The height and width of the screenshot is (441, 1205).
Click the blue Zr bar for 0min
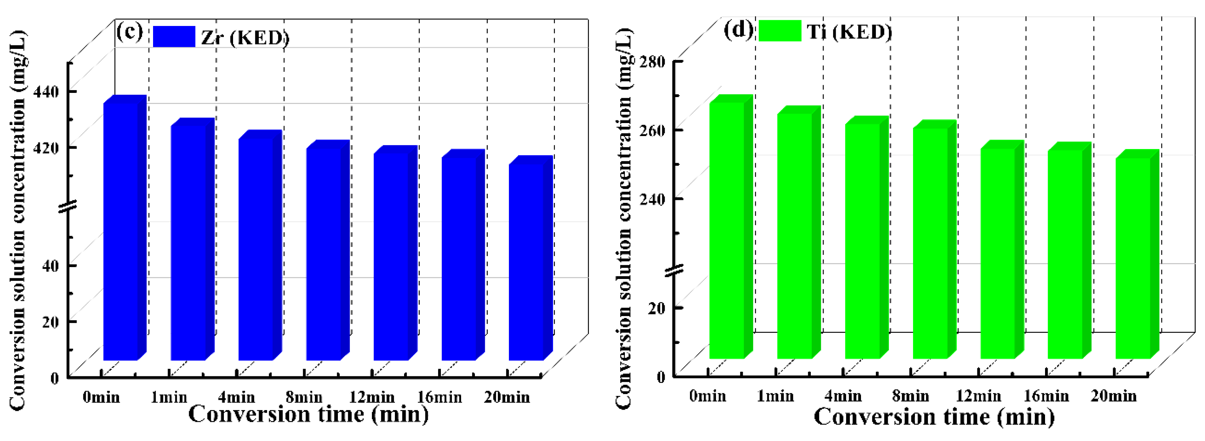pos(121,231)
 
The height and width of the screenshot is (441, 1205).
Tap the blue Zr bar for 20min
pos(526,262)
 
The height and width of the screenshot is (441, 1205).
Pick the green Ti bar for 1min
pos(795,236)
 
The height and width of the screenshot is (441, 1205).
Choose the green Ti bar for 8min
pos(930,243)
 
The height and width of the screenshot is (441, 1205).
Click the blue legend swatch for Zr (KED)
pos(174,36)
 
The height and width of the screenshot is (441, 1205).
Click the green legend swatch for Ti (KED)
pos(780,31)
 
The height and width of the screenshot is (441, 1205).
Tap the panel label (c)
pos(129,32)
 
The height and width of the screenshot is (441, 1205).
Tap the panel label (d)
pos(738,30)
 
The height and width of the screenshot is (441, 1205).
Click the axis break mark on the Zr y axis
pos(68,206)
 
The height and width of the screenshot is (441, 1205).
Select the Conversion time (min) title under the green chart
pos(934,417)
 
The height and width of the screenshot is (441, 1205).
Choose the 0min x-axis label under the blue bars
pos(101,397)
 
